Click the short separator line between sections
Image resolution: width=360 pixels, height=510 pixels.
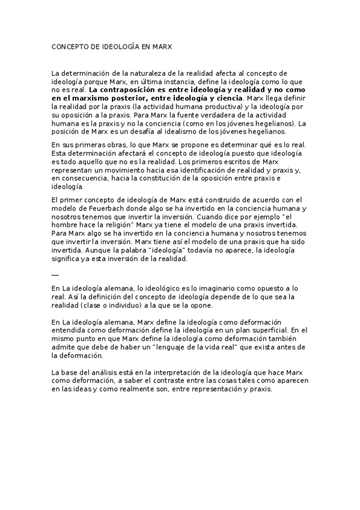pos(55,275)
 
